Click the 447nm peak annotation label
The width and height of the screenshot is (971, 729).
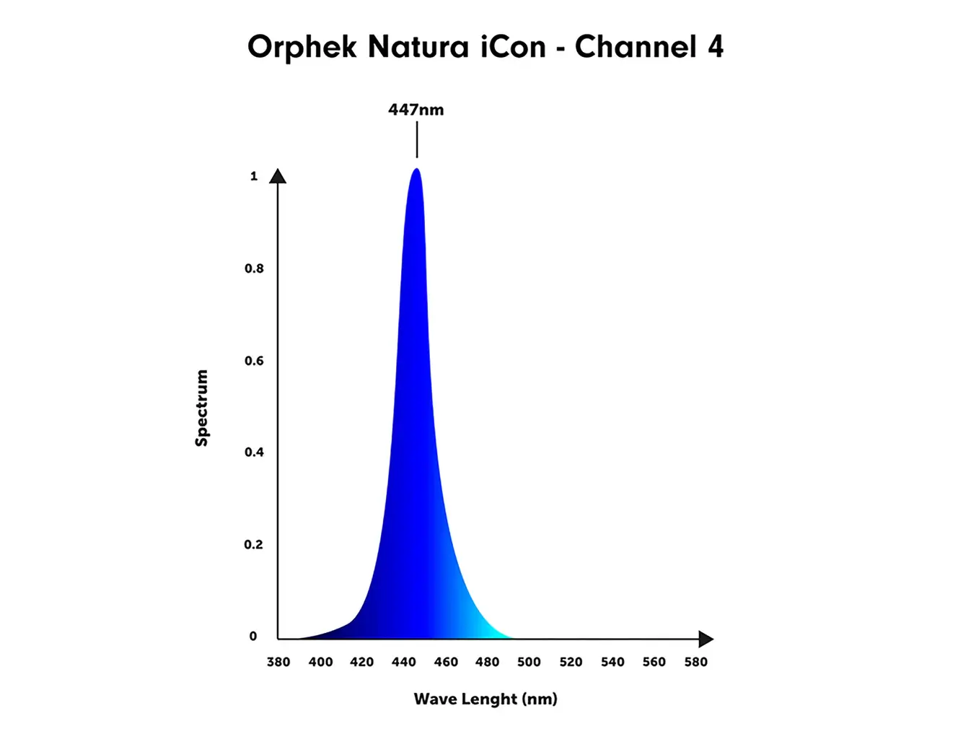coord(416,110)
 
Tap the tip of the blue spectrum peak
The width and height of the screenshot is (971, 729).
coord(416,170)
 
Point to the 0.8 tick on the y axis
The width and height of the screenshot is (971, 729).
coord(254,269)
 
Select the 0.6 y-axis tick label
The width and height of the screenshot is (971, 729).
coord(254,361)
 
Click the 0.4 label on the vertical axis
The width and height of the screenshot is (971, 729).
coord(254,453)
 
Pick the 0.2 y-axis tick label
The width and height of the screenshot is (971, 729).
coord(253,544)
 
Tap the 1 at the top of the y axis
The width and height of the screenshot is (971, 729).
coord(254,176)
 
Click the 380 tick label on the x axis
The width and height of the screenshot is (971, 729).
coord(278,662)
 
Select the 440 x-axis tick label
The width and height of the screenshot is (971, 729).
coord(404,662)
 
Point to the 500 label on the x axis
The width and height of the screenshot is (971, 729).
coord(529,662)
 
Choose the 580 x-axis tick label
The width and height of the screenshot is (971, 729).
coord(696,662)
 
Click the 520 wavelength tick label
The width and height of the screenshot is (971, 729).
coord(571,662)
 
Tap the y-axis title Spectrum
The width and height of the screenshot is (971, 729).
coord(202,408)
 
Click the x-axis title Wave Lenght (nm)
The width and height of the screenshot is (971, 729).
coord(485,699)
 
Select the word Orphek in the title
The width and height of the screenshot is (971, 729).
coord(302,48)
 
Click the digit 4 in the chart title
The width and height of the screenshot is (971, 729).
coord(715,47)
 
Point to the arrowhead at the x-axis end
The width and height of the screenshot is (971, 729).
coord(706,639)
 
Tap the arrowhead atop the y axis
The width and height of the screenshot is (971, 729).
coord(278,176)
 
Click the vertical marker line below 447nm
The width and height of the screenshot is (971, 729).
coord(416,139)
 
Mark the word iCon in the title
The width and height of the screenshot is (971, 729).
coord(513,47)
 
